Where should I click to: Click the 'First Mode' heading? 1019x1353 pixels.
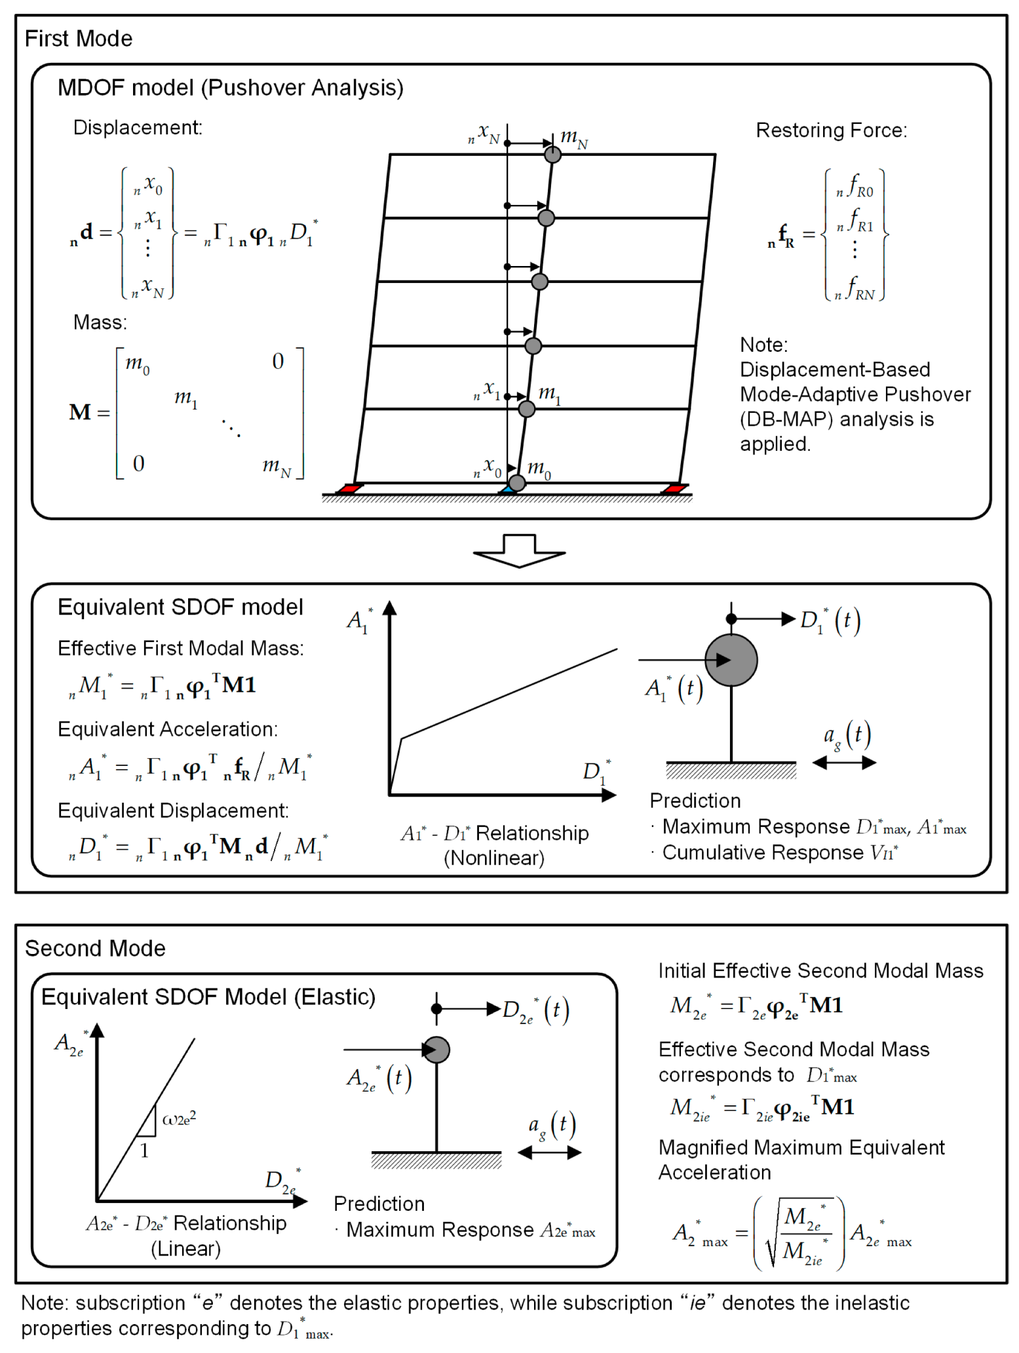point(78,39)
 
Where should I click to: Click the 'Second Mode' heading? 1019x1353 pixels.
point(95,948)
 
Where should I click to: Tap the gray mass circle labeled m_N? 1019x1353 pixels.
point(552,155)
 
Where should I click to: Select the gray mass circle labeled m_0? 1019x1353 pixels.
point(517,483)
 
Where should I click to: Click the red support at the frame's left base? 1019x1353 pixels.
point(350,488)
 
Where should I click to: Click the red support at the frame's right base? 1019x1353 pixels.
point(674,488)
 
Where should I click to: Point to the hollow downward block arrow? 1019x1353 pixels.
point(519,550)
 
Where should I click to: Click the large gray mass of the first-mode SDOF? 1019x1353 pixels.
point(731,660)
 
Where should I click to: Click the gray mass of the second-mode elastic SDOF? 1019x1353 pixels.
point(436,1050)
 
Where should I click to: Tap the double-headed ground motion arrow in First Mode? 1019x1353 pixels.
point(843,762)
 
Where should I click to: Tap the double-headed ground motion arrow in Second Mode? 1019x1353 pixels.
point(549,1153)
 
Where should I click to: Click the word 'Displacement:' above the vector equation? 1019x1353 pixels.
point(138,127)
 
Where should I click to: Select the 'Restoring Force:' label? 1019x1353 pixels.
point(831,130)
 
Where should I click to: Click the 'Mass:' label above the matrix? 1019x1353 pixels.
point(100,322)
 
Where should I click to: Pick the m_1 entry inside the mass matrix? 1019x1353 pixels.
point(185,398)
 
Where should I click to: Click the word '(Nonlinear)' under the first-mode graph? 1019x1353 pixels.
point(494,858)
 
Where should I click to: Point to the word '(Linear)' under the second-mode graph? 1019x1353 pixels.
point(185,1248)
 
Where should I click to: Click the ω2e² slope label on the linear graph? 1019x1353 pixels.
point(179,1118)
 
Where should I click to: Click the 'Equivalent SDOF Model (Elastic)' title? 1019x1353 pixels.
point(208,997)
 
